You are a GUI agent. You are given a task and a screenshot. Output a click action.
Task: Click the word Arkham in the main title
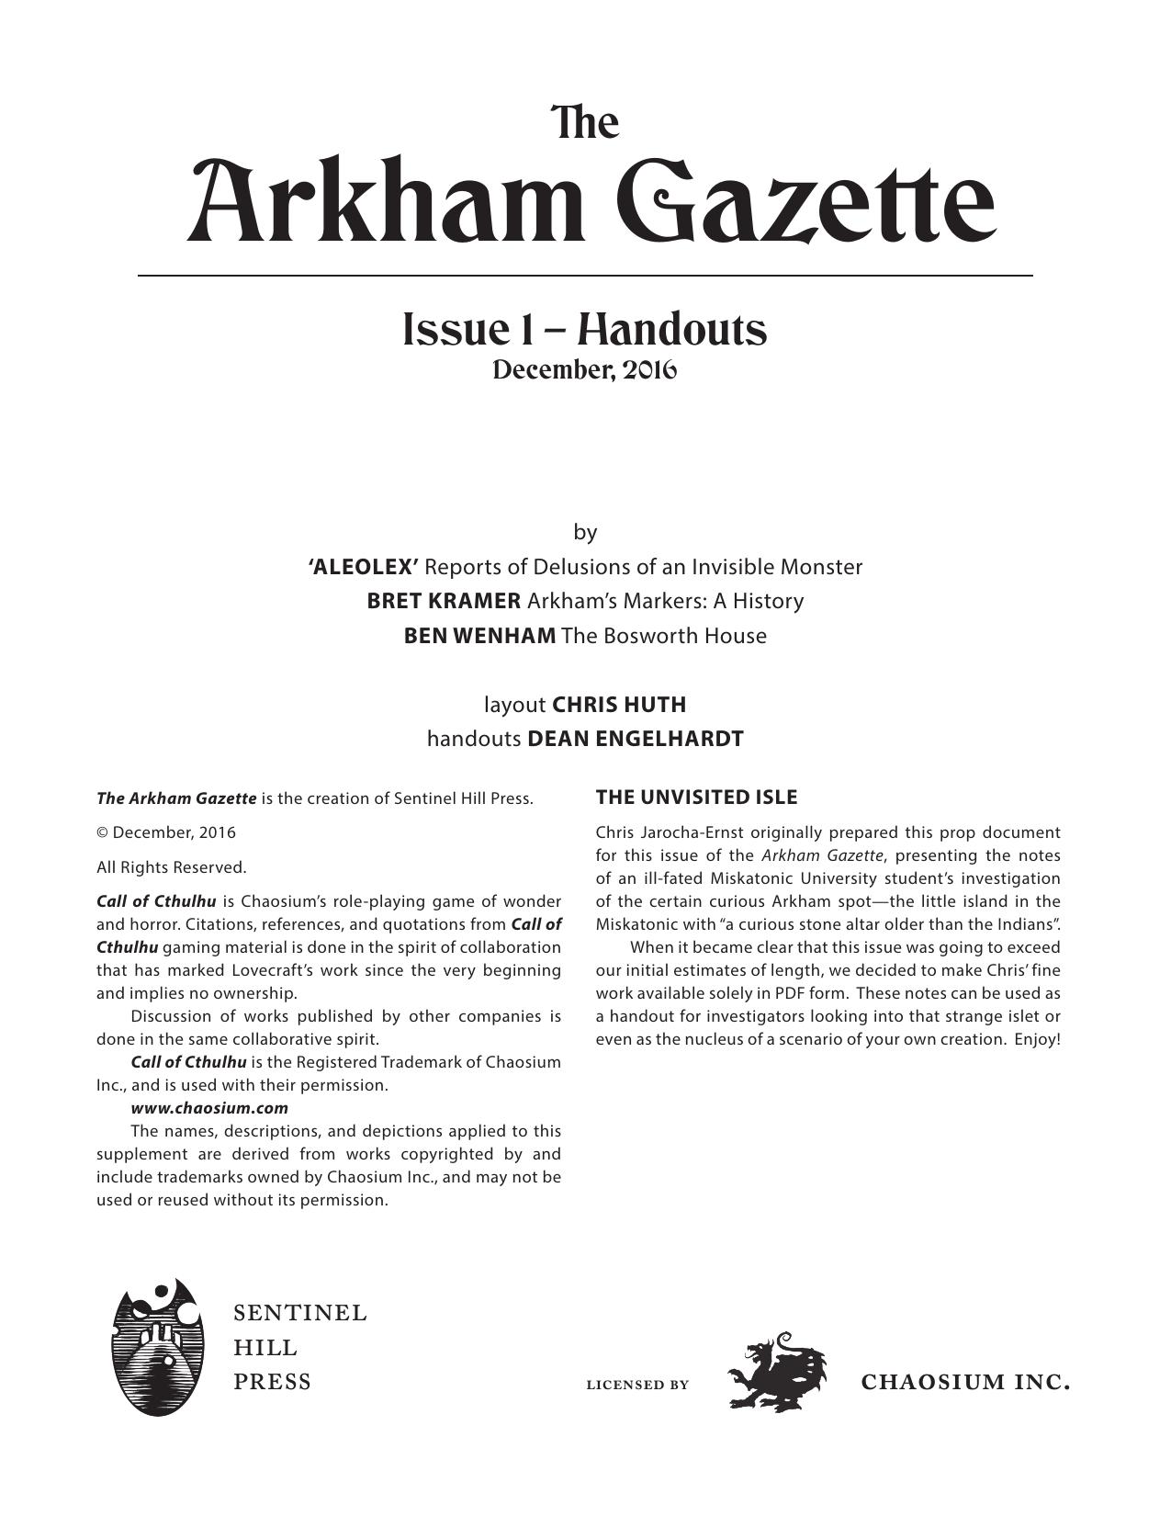click(x=386, y=202)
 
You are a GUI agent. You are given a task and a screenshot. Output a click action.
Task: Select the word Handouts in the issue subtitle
click(x=671, y=330)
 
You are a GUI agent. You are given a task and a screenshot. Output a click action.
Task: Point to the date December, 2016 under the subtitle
click(x=585, y=370)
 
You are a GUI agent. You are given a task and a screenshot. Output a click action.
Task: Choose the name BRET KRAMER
click(x=444, y=601)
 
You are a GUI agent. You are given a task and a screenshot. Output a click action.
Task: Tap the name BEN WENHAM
click(x=479, y=636)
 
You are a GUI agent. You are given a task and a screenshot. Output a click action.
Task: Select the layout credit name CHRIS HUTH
click(x=619, y=705)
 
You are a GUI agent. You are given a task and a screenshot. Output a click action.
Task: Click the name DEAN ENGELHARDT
click(x=635, y=739)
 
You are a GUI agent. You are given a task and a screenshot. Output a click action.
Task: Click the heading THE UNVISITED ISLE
click(x=696, y=798)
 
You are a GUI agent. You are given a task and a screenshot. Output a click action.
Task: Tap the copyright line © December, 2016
click(x=166, y=832)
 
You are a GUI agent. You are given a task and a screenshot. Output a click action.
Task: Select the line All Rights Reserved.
click(x=172, y=867)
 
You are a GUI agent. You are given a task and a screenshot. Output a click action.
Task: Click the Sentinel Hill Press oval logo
click(x=156, y=1346)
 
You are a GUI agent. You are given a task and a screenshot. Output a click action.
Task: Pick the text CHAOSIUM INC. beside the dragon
click(x=965, y=1383)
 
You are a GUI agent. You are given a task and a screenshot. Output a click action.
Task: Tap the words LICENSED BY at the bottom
click(x=637, y=1385)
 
